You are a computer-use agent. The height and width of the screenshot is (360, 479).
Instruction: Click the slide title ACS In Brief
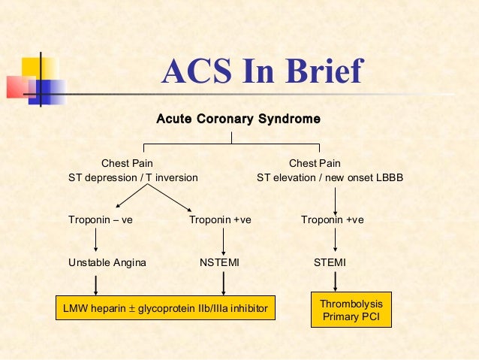pos(261,72)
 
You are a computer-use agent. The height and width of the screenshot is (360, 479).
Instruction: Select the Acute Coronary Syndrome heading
pos(238,119)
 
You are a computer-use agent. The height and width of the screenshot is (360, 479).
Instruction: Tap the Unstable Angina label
pos(107,262)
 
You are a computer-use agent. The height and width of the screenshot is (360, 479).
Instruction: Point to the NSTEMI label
pos(219,262)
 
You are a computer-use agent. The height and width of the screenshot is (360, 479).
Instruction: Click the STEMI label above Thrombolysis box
pos(330,262)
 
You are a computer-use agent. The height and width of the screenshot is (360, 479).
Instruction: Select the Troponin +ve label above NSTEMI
pos(219,220)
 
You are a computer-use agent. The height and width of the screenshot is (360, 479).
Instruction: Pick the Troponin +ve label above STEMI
pos(332,220)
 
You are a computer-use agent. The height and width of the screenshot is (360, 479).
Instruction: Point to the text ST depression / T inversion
pos(133,178)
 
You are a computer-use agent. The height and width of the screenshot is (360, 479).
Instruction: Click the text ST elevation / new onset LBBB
pos(330,178)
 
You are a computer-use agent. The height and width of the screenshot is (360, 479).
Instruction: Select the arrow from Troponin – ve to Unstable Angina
pos(96,241)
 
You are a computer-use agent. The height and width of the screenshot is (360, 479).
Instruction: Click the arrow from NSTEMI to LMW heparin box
pos(223,283)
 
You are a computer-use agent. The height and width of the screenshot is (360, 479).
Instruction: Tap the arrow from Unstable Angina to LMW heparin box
pos(96,283)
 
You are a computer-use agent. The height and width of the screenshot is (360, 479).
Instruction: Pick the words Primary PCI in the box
pos(351,317)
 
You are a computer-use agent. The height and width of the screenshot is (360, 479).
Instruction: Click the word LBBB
pos(388,178)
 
